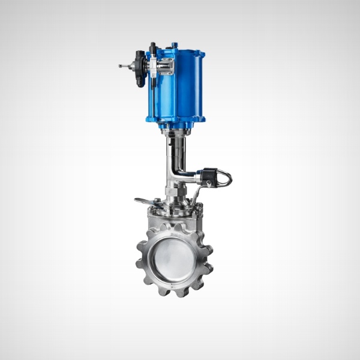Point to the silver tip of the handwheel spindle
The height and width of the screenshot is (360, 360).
pyautogui.click(x=122, y=66)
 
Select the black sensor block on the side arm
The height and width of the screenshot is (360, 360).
pyautogui.click(x=209, y=176)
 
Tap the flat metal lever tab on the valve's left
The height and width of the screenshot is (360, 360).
pyautogui.click(x=145, y=202)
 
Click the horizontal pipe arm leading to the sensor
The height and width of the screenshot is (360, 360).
pyautogui.click(x=190, y=178)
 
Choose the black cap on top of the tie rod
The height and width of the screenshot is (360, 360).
pyautogui.click(x=153, y=46)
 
